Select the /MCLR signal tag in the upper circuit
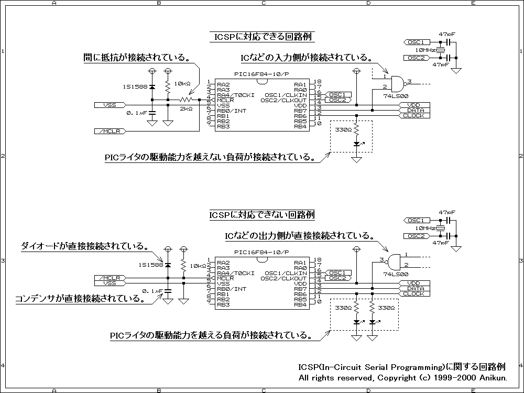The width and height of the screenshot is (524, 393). point(108,131)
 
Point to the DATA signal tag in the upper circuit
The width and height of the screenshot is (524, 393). point(416,110)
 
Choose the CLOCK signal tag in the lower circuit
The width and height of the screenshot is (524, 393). point(414,294)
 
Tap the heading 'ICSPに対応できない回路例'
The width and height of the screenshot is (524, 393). point(262,215)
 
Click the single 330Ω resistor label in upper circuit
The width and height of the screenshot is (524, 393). point(343,129)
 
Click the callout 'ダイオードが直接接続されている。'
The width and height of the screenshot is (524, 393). point(84,246)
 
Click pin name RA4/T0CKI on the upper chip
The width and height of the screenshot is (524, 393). point(235,95)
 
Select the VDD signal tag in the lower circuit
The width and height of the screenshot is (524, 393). point(415,283)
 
